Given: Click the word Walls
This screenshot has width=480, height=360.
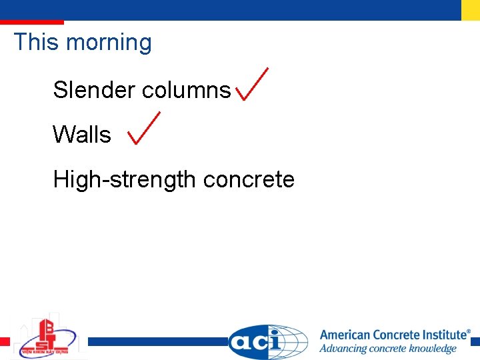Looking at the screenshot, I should (81, 135).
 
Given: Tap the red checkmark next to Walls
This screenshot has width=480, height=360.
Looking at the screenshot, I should (143, 129).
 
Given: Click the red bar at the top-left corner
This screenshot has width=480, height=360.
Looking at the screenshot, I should (31, 22).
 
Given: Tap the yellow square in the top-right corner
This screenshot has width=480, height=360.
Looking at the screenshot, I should (470, 10).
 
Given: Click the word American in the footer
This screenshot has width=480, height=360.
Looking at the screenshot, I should (351, 335).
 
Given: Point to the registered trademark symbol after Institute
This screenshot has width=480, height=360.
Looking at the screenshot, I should (468, 331).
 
